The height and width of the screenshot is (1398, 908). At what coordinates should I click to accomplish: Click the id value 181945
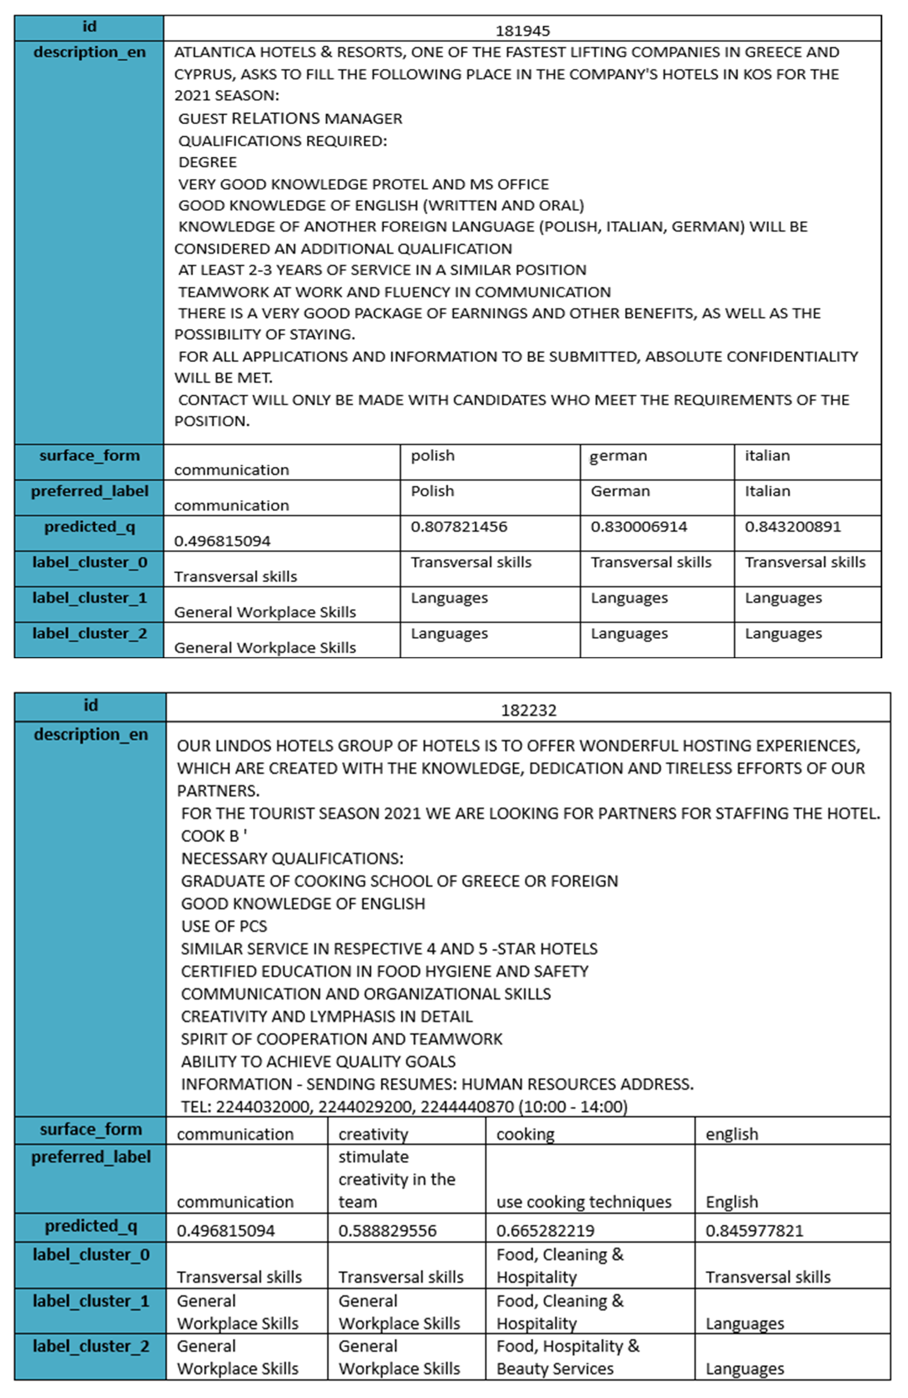coord(522,30)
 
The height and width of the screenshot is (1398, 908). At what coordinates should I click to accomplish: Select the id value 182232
coord(528,710)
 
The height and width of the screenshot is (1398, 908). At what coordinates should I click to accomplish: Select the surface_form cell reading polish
coord(432,456)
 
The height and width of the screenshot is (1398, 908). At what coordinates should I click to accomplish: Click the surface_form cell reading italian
coord(767,456)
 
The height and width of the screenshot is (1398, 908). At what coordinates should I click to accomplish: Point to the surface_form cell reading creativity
coord(373,1134)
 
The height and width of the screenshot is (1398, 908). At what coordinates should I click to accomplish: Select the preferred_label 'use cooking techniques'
coord(583,1202)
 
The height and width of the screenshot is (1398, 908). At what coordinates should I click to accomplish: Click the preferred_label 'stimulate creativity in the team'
coord(397,1180)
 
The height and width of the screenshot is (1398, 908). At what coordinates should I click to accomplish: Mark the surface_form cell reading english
coord(731,1134)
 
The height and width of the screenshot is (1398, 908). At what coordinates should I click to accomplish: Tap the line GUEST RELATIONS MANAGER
coord(290,119)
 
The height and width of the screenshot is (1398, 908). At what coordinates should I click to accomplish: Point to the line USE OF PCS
coord(224,926)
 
